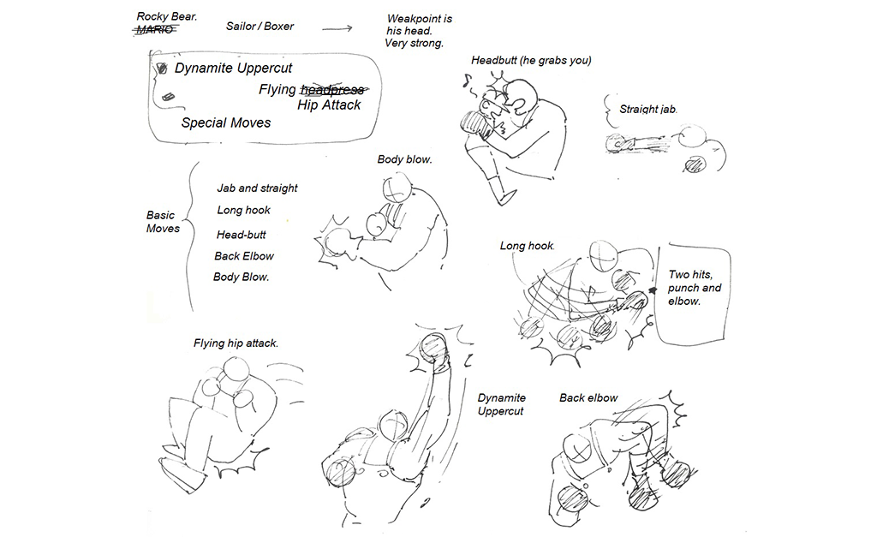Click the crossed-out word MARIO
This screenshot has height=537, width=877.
click(154, 30)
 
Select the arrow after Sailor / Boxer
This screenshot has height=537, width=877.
click(337, 28)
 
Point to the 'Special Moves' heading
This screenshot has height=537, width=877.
click(226, 122)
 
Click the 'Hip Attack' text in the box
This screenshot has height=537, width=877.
click(329, 105)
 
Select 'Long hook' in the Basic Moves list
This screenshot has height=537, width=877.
click(243, 210)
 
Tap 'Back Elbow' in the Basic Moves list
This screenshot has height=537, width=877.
click(244, 255)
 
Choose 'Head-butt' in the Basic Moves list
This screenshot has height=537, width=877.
click(241, 234)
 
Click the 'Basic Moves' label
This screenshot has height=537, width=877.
click(163, 222)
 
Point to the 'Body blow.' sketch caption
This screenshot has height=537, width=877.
click(404, 159)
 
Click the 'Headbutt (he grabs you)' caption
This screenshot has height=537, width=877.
click(531, 60)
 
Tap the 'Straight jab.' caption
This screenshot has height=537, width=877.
click(648, 109)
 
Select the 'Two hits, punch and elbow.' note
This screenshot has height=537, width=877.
click(694, 288)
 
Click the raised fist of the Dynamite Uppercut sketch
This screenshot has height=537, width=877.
click(433, 347)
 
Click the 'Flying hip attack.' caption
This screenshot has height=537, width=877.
click(236, 343)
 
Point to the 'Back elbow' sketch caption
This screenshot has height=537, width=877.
click(588, 397)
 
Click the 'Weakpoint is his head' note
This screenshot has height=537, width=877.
click(418, 31)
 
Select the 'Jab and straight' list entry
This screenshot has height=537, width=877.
click(257, 188)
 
